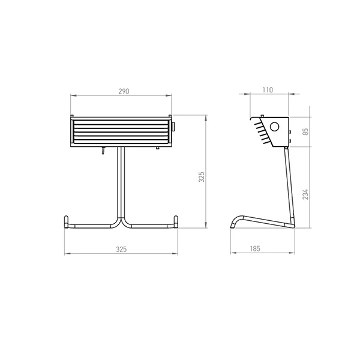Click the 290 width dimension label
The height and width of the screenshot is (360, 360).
(124, 91)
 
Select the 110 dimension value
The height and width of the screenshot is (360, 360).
(268, 90)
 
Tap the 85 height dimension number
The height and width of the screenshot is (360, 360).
(305, 131)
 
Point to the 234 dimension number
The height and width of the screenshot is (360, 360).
(305, 194)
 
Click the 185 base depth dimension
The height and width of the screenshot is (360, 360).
(255, 248)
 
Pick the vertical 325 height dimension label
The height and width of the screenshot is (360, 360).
(202, 177)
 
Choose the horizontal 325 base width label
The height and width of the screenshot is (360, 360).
(121, 249)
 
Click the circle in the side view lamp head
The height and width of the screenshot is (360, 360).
(274, 127)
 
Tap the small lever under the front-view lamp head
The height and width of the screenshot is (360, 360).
(103, 151)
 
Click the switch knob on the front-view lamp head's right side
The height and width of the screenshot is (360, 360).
(173, 127)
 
